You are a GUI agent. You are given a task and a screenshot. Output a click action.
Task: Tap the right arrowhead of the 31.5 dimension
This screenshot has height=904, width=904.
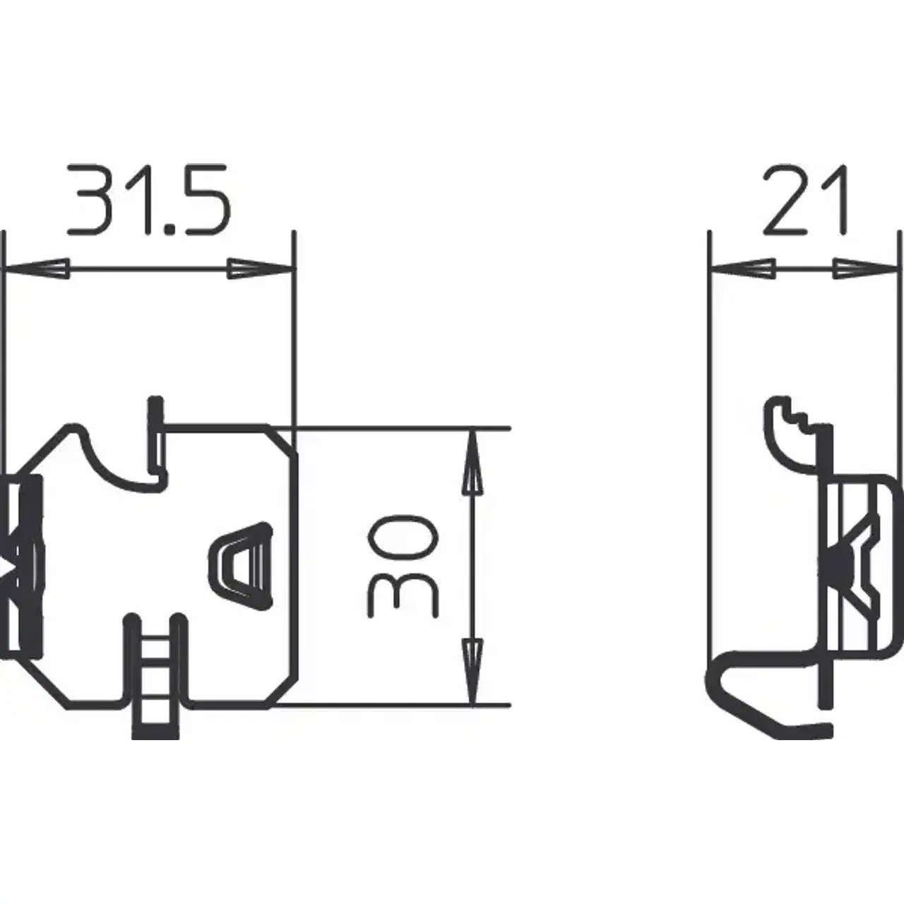[x=262, y=268]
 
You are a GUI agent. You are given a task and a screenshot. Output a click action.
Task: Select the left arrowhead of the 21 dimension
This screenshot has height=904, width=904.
[x=742, y=268]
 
